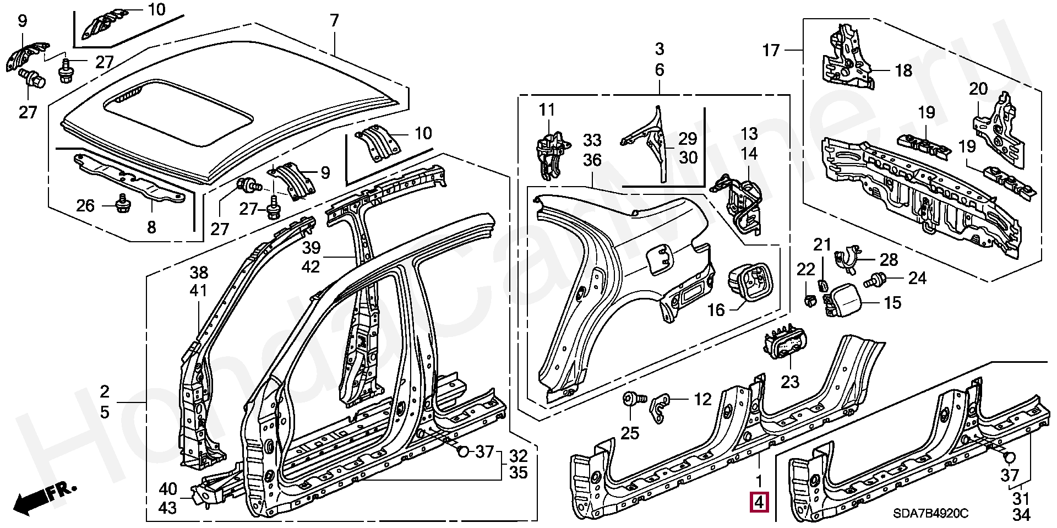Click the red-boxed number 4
click(x=760, y=502)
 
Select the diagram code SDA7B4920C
click(x=930, y=514)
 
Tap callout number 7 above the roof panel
click(x=334, y=21)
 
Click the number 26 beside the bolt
click(x=85, y=206)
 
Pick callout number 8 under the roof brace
click(x=151, y=227)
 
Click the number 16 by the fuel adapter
click(x=716, y=310)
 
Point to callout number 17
click(x=771, y=51)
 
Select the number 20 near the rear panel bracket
click(x=978, y=89)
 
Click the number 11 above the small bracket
click(x=547, y=110)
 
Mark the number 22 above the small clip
click(x=806, y=269)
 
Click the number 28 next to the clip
click(x=889, y=259)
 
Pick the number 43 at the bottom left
click(x=168, y=508)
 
